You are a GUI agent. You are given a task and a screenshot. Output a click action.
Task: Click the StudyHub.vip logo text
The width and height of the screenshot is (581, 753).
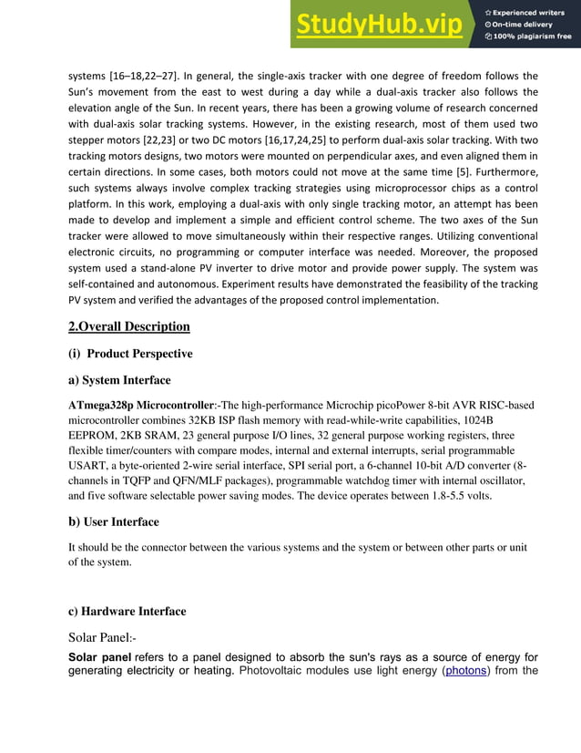click(x=381, y=25)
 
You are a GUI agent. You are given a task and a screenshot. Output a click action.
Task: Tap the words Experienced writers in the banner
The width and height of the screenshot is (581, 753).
click(x=533, y=12)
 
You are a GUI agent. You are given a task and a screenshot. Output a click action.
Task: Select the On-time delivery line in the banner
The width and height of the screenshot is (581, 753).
click(x=527, y=25)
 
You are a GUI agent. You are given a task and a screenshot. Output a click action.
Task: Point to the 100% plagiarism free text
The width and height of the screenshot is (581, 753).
click(x=533, y=36)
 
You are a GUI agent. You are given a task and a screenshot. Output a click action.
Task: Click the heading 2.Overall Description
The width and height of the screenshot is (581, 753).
click(x=129, y=326)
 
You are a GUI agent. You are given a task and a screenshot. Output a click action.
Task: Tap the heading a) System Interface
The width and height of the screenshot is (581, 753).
click(x=119, y=380)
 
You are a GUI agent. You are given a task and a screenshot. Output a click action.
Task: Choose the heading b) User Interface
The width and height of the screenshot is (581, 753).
click(x=114, y=521)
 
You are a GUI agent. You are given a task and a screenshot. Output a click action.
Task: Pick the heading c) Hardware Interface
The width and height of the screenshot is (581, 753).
click(x=127, y=611)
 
